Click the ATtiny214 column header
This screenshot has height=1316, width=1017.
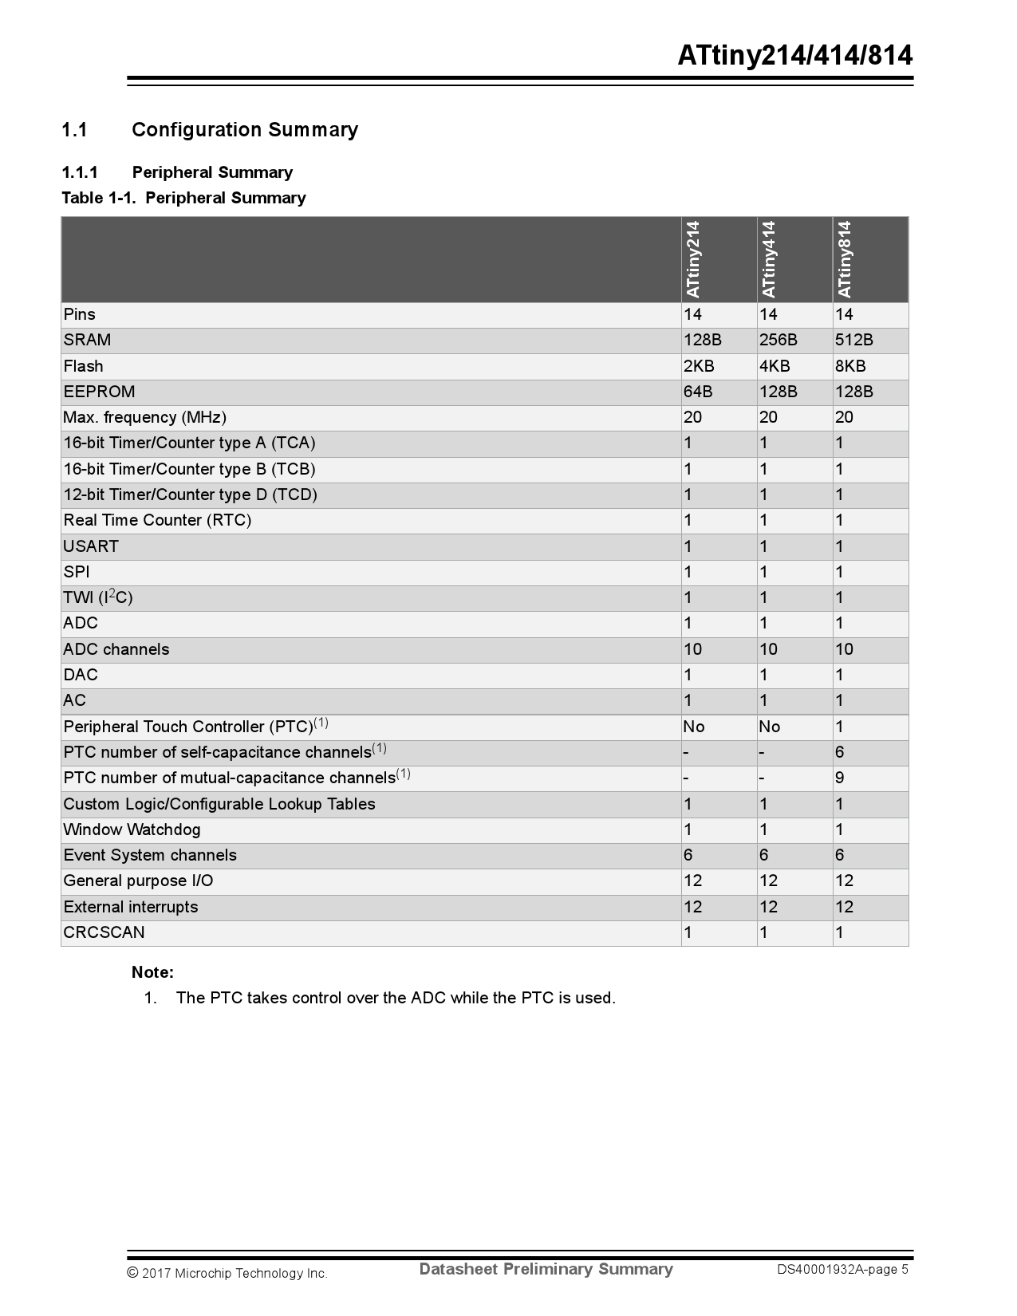[692, 259]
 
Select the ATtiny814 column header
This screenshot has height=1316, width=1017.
[845, 259]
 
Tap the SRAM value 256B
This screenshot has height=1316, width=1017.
[778, 341]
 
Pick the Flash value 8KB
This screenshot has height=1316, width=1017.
[850, 366]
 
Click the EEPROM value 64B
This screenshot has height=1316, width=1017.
[698, 392]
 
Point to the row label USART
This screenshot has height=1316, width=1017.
[91, 546]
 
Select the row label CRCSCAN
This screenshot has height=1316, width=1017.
[104, 932]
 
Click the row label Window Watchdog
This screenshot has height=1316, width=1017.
[132, 829]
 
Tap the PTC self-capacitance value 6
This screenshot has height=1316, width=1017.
[840, 752]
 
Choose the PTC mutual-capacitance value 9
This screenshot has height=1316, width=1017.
[840, 778]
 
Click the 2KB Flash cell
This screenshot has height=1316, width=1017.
[699, 366]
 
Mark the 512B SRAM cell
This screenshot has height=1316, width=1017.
[854, 341]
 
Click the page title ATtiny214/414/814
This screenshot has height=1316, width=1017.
[794, 56]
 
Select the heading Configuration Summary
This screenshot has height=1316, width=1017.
[245, 130]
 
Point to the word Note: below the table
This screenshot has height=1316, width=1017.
[152, 972]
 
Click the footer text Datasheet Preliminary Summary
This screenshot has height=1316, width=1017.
[546, 1269]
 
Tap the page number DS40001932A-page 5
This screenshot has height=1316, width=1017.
[843, 1270]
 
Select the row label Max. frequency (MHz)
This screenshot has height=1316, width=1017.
[144, 417]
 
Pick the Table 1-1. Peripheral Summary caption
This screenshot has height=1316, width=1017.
[183, 198]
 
